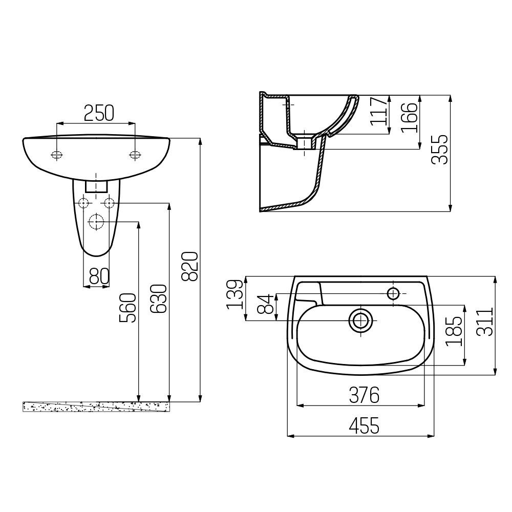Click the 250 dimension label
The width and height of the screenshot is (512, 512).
[98, 113]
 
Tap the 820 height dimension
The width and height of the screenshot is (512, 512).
[189, 266]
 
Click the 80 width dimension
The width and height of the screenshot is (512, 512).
[99, 276]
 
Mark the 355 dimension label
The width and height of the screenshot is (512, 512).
[440, 149]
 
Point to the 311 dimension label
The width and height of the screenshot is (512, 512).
[485, 322]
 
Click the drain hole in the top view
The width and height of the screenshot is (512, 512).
[361, 321]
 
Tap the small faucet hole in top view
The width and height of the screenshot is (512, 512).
[394, 294]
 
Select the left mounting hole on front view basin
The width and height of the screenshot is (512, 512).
[57, 155]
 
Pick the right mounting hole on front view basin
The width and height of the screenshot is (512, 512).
[135, 155]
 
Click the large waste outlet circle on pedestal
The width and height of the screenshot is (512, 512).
[96, 222]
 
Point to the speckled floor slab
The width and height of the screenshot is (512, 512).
[97, 406]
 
